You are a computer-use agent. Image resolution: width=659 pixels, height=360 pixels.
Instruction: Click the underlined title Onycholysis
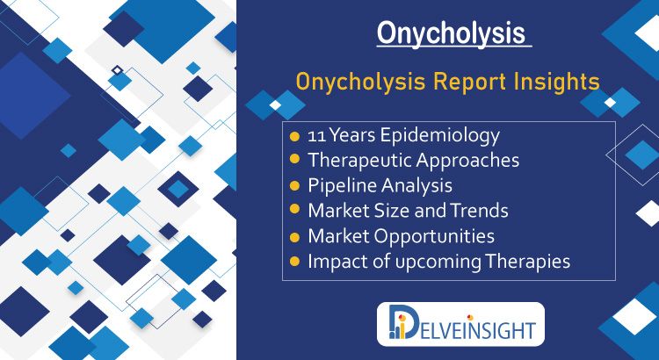pyautogui.click(x=451, y=34)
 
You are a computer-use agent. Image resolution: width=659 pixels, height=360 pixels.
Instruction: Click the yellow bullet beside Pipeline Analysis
pyautogui.click(x=295, y=185)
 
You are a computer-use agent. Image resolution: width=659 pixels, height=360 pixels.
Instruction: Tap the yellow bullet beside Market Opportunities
pyautogui.click(x=295, y=236)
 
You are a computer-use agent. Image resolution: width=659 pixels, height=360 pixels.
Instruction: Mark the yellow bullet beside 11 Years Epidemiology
pyautogui.click(x=295, y=136)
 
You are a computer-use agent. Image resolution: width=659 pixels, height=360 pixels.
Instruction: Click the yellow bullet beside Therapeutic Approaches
pyautogui.click(x=295, y=159)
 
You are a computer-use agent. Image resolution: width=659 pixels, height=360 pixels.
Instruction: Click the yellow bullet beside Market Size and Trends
pyautogui.click(x=295, y=209)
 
